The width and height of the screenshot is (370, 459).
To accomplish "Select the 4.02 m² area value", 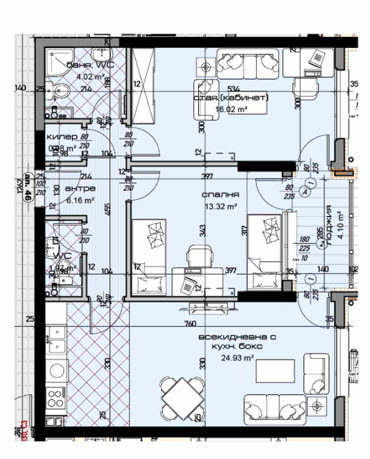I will click(90, 77).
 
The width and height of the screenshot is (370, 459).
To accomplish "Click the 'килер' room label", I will click(62, 137).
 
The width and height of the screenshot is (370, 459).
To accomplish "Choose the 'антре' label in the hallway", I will click(80, 188).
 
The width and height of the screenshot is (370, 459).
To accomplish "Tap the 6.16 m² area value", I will click(80, 200).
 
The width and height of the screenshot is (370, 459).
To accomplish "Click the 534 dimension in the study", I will click(233, 89).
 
